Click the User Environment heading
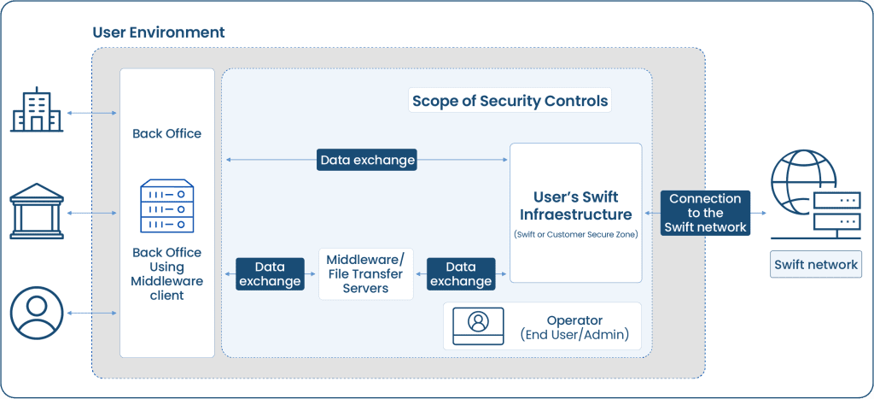[x=158, y=32]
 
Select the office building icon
[x=37, y=112]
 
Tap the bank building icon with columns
[x=37, y=212]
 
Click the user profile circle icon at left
[x=37, y=313]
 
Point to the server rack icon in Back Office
[x=166, y=205]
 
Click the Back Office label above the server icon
[x=166, y=133]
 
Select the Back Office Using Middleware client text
[x=166, y=273]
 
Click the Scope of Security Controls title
[x=510, y=101]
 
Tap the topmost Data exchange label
[x=367, y=160]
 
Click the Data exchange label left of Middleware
[x=270, y=273]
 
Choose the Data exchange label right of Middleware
[x=461, y=273]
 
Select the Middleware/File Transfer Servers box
[x=365, y=273]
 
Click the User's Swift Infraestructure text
[x=575, y=206]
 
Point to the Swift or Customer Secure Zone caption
[x=575, y=233]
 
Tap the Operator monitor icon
[x=479, y=325]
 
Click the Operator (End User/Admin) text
[x=574, y=327]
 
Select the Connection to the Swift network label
[x=705, y=213]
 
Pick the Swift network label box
[x=815, y=264]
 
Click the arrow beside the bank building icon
[x=92, y=213]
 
